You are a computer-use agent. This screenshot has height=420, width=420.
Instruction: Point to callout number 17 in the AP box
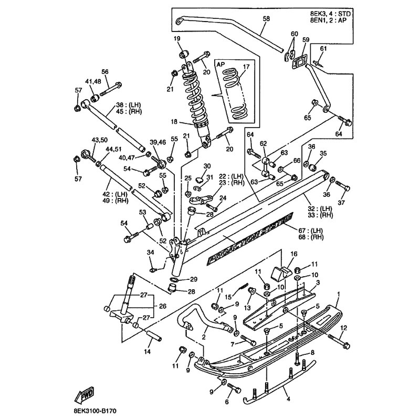[245, 67]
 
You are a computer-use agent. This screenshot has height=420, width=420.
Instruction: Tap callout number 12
[344, 329]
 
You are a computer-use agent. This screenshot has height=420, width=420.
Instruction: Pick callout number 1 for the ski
[339, 293]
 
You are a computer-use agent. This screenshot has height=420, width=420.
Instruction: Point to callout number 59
[306, 39]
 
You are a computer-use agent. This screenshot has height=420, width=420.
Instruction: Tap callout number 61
[324, 49]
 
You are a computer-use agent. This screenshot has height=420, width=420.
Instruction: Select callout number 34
[151, 253]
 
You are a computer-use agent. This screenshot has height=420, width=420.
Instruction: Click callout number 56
[104, 72]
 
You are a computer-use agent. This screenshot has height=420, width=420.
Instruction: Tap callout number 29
[194, 279]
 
